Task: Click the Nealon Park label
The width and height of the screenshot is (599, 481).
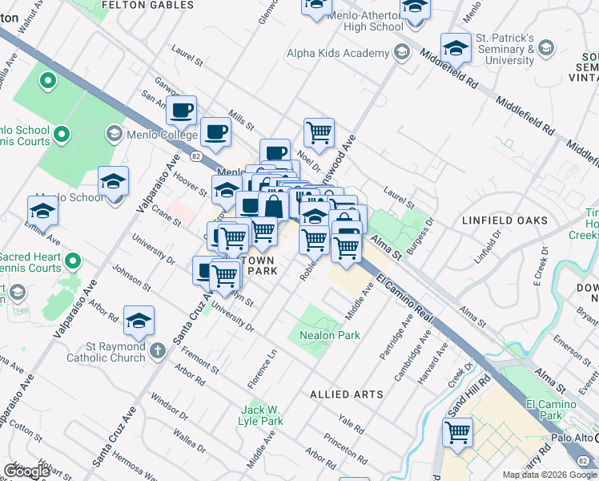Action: coord(329,335)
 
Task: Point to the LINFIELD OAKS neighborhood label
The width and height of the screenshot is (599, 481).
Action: coord(505,220)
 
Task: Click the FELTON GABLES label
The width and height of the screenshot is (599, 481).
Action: coord(148,5)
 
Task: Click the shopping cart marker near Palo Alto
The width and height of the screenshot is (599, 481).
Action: coord(457,432)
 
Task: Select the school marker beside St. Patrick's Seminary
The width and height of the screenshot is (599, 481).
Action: coord(456,48)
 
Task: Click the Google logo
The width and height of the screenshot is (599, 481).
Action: coord(26,471)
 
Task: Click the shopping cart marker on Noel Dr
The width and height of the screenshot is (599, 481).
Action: coord(319,131)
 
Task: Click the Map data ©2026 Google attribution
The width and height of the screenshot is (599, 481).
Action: coord(549,475)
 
